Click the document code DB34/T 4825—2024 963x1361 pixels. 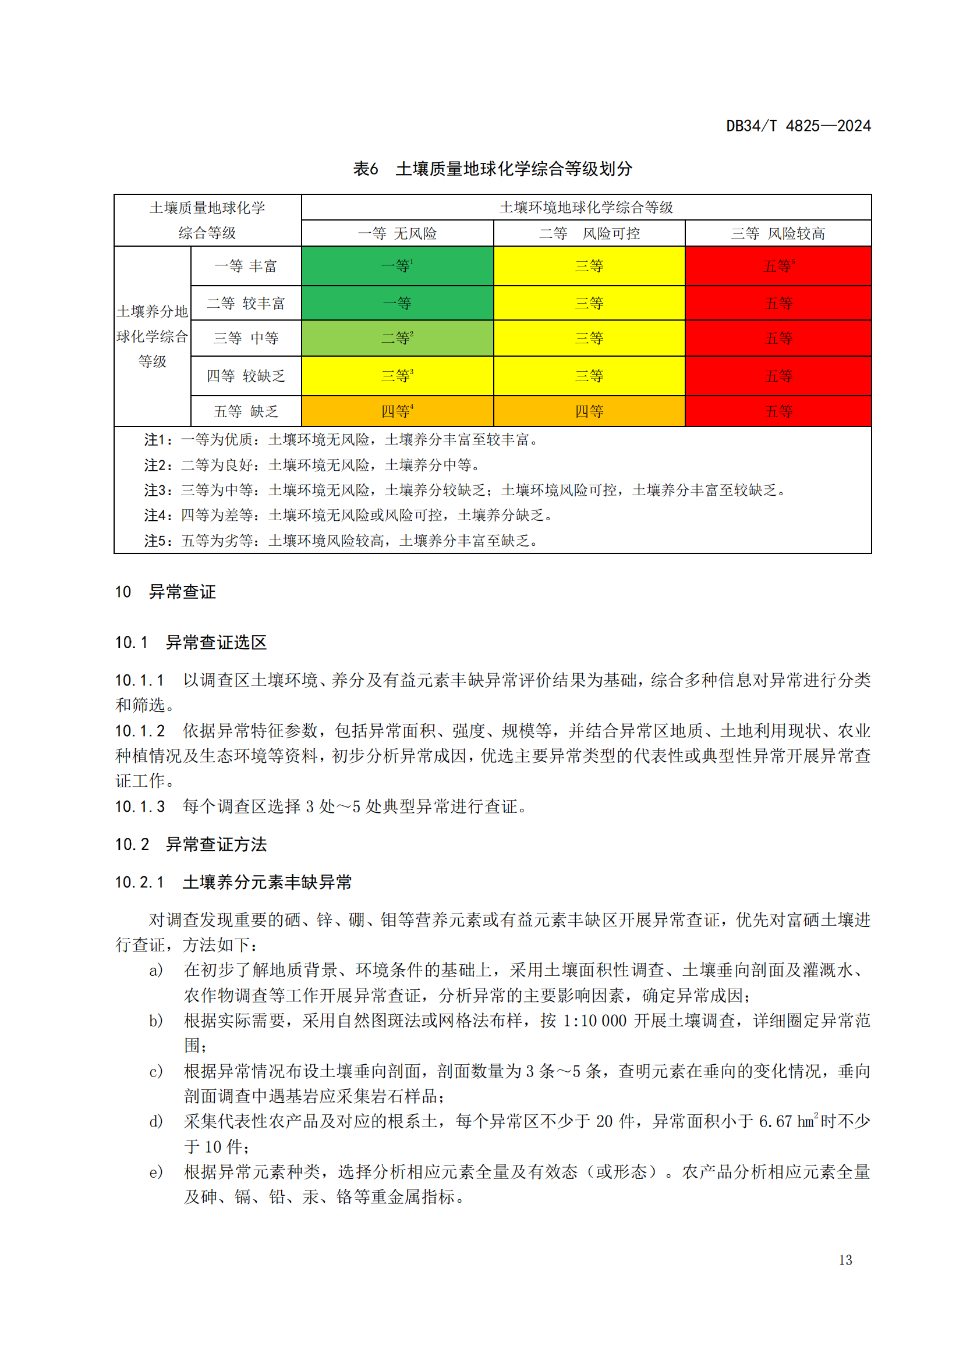(798, 126)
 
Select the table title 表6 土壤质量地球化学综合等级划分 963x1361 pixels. (492, 169)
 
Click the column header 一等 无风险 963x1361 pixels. (396, 233)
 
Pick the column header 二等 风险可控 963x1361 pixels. (589, 233)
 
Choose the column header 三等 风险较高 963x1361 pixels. (777, 233)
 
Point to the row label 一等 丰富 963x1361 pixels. (246, 266)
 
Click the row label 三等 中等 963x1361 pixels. (246, 338)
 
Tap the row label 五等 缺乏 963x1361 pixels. (246, 411)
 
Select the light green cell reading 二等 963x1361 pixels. (396, 338)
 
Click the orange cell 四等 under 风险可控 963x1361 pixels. (589, 411)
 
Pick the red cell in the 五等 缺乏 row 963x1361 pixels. (778, 411)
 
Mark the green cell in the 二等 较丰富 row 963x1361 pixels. (396, 304)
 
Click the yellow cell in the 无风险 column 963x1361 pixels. (396, 376)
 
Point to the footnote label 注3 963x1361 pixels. (157, 490)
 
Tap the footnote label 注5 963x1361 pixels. (157, 541)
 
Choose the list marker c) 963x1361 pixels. (156, 1071)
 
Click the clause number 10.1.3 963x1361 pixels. (140, 806)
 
